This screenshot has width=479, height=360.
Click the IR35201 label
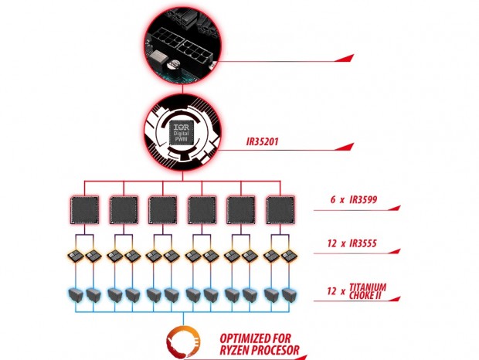click(262, 142)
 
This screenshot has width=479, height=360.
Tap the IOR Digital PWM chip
click(182, 133)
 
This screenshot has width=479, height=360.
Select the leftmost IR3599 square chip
click(85, 210)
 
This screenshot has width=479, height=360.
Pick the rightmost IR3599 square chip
click(280, 210)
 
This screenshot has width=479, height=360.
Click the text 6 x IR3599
click(353, 199)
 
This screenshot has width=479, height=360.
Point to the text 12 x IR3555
click(352, 243)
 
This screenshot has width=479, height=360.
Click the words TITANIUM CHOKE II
click(368, 291)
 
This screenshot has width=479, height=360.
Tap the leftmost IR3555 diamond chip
click(76, 256)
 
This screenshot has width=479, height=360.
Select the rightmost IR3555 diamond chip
click(288, 256)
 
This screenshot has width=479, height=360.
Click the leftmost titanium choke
click(76, 295)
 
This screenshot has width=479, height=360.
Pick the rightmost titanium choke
click(289, 295)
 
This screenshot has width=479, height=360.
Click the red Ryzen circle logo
click(183, 342)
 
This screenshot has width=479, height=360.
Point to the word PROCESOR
click(273, 350)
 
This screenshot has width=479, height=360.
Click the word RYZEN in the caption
click(233, 350)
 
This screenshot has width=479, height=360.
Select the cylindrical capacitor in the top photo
click(173, 65)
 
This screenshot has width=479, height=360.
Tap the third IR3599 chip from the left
click(163, 210)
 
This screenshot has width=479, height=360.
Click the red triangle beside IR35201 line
click(345, 147)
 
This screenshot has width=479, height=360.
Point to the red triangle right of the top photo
click(345, 58)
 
